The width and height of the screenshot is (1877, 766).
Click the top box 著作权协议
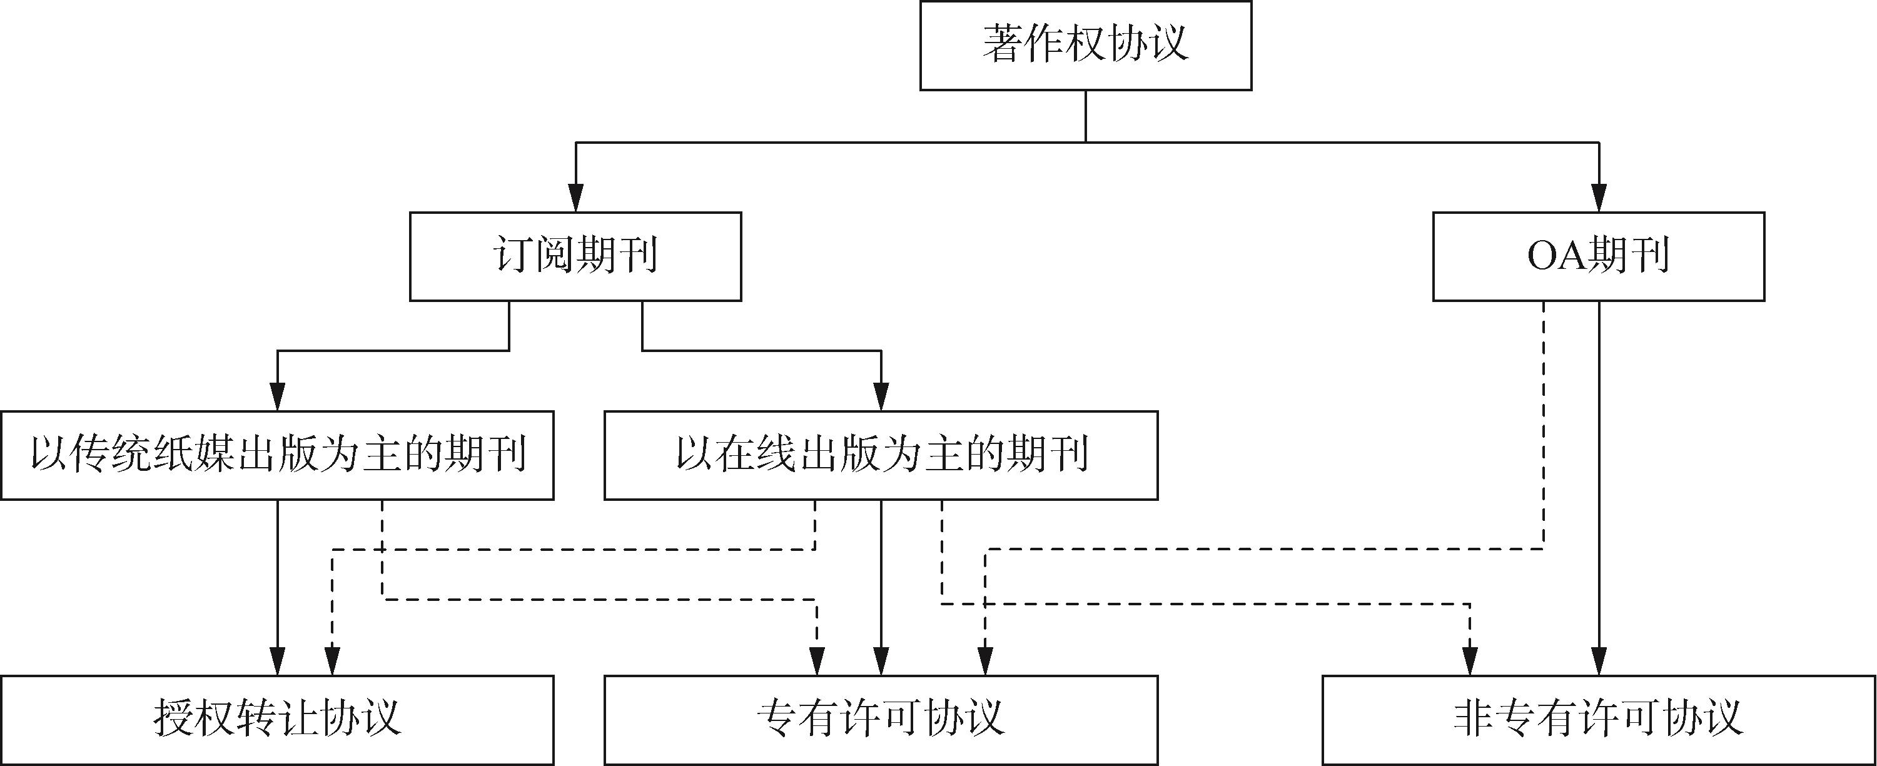coord(1086,45)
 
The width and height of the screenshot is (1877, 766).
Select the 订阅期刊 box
coord(575,256)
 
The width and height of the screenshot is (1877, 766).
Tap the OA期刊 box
coord(1599,256)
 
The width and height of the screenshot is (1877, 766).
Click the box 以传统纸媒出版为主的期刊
coord(277,455)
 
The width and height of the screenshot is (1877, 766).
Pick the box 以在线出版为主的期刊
coord(881,455)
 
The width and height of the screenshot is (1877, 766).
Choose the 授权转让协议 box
coord(277,719)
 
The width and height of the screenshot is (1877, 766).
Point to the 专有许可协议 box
coord(881,719)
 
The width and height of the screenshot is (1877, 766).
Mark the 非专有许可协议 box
coord(1599,719)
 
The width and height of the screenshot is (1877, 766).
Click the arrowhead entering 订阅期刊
coord(575,199)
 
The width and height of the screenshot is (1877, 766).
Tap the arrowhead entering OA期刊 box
coord(1599,199)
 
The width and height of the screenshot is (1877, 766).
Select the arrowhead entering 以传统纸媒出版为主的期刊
coord(277,398)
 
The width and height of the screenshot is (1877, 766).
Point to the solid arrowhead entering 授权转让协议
coord(277,663)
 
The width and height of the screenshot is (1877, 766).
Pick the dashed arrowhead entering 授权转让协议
coord(332,663)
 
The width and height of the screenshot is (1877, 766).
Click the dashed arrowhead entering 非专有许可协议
coord(1470,663)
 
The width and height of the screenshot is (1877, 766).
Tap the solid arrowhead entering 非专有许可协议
coord(1599,663)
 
